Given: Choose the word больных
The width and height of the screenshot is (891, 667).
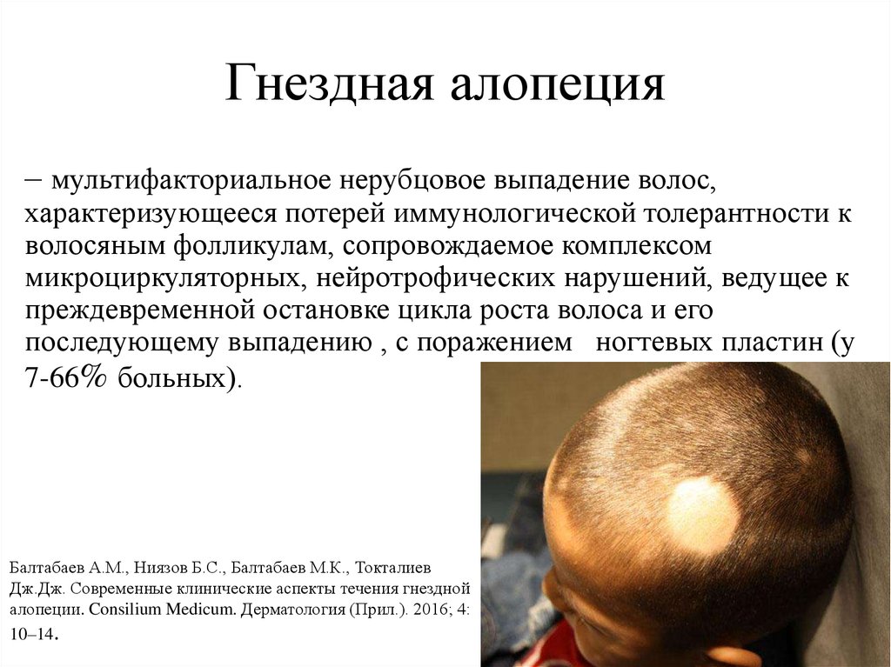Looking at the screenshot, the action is pyautogui.click(x=171, y=377).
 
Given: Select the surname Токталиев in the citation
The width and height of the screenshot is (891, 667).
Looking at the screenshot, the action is pyautogui.click(x=393, y=568).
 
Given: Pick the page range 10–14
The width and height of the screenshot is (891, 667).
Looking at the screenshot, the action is pyautogui.click(x=34, y=633).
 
